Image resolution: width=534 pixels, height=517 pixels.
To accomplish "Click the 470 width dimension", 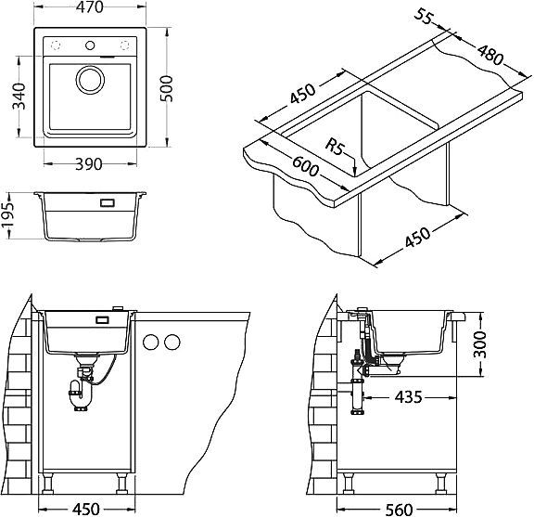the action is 90,7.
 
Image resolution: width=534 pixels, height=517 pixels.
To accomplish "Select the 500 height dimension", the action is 167,89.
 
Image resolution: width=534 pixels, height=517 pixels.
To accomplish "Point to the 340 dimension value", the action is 19,97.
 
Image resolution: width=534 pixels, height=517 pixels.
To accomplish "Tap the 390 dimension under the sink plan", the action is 89,164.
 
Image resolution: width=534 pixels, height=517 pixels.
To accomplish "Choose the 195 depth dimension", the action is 6,214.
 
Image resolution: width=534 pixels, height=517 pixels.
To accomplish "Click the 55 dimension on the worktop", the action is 424,17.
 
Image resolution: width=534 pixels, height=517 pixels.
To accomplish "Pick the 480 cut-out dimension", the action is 490,55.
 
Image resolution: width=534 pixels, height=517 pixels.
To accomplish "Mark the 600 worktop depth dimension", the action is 306,166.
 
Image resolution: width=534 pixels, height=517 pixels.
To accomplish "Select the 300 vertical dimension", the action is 480,344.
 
